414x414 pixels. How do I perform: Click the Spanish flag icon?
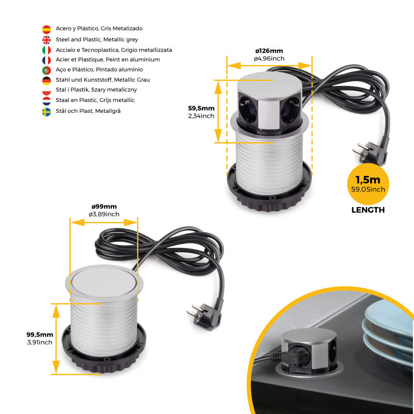(47, 29)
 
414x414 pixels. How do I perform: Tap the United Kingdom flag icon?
(47, 39)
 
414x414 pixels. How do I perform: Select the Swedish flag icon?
(47, 111)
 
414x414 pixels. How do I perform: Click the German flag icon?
(47, 80)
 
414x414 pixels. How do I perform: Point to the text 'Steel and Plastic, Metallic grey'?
(97, 39)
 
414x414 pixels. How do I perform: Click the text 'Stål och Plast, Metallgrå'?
(88, 111)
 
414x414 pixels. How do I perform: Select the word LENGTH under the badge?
(368, 210)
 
